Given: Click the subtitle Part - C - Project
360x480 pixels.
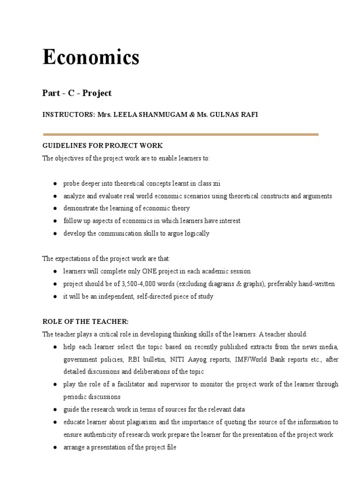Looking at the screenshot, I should point(77,93).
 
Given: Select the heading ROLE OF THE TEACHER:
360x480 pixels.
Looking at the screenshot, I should point(85,322).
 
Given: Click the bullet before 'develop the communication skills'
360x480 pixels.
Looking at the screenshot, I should point(55,234).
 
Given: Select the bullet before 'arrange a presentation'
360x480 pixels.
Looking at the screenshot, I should point(55,447).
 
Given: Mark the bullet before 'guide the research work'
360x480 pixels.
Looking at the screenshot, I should point(55,409).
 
